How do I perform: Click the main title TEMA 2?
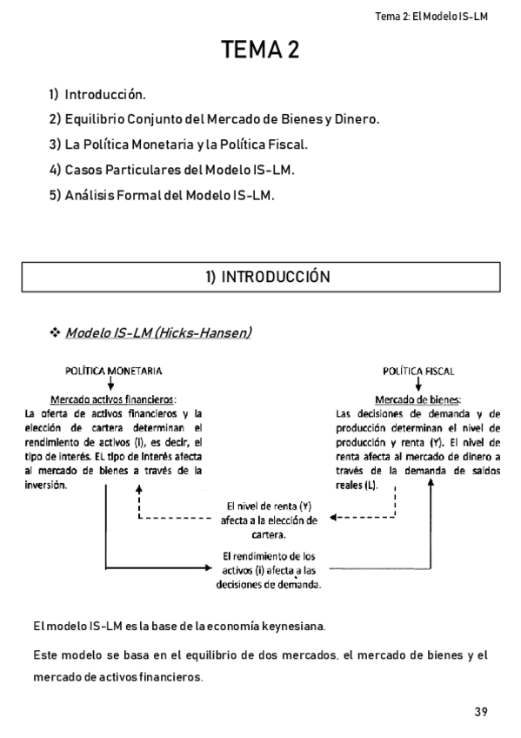click(260, 50)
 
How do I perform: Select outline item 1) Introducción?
click(97, 93)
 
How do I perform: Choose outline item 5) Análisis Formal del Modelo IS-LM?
click(162, 195)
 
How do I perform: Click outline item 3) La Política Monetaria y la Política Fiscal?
click(179, 144)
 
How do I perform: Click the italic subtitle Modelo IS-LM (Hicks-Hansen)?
click(159, 333)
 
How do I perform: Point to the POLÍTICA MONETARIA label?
click(111, 371)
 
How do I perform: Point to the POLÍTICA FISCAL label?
click(418, 371)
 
